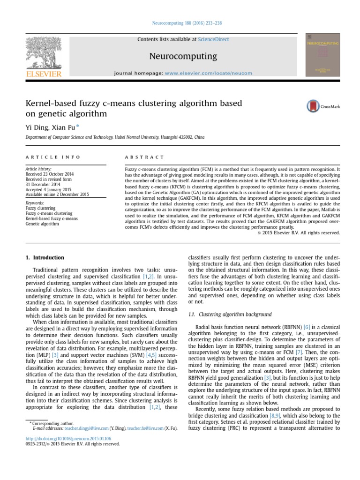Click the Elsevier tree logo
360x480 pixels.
(44, 54)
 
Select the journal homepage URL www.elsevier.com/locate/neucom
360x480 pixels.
(208, 73)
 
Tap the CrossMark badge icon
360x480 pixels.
(313, 106)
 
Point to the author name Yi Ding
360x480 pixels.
(37, 127)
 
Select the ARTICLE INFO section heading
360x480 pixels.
(53, 157)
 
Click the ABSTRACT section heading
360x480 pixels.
(145, 157)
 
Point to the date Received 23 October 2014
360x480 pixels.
(50, 174)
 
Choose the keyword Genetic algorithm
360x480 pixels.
(42, 224)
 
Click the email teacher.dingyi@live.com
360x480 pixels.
(85, 428)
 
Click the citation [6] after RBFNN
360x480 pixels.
(307, 326)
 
